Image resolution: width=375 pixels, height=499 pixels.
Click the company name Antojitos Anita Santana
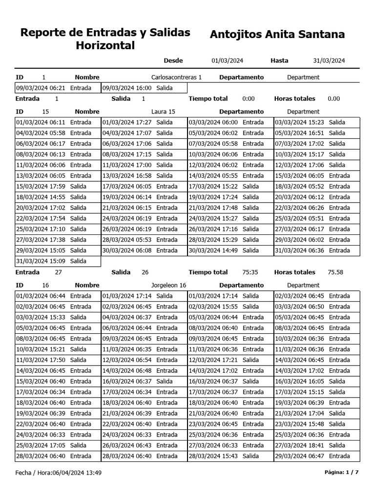277,35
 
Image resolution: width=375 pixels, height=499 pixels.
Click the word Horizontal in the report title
105,46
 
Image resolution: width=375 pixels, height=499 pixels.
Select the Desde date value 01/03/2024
227,61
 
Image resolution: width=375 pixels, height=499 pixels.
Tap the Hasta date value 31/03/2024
329,61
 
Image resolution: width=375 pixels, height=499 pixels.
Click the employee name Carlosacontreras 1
176,77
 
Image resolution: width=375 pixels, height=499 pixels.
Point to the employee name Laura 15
163,112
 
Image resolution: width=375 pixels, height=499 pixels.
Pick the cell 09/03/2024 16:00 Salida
137,88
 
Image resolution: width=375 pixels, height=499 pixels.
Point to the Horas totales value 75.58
335,273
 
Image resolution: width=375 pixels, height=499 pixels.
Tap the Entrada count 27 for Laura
58,273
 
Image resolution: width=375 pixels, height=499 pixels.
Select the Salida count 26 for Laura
145,273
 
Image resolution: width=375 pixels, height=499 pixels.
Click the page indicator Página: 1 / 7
341,473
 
